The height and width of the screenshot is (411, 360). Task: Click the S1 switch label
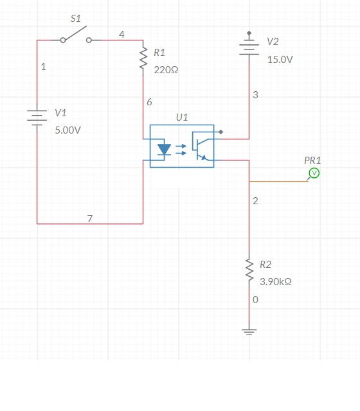pyautogui.click(x=76, y=19)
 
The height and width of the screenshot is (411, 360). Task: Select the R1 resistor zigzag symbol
pyautogui.click(x=143, y=58)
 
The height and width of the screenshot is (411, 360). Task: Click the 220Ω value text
pyautogui.click(x=166, y=70)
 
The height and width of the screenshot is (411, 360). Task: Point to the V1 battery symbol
pyautogui.click(x=37, y=118)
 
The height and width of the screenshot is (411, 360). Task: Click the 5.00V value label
pyautogui.click(x=68, y=130)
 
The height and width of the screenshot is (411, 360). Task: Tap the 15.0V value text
pyautogui.click(x=280, y=60)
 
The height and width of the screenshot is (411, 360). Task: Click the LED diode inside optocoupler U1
pyautogui.click(x=165, y=150)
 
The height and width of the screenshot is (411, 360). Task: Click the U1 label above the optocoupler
pyautogui.click(x=182, y=118)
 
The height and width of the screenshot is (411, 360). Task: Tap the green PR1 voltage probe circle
pyautogui.click(x=314, y=173)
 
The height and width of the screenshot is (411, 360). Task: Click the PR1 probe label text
pyautogui.click(x=312, y=161)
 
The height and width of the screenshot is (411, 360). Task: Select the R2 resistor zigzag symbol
pyautogui.click(x=249, y=270)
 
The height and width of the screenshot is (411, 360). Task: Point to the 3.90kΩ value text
pyautogui.click(x=276, y=282)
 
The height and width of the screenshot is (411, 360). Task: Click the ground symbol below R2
pyautogui.click(x=249, y=332)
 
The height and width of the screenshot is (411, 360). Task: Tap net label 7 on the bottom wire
pyautogui.click(x=90, y=218)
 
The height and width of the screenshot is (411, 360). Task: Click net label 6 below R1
pyautogui.click(x=149, y=102)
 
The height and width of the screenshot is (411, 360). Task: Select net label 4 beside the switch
pyautogui.click(x=122, y=34)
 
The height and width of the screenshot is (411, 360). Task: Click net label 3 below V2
pyautogui.click(x=256, y=95)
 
